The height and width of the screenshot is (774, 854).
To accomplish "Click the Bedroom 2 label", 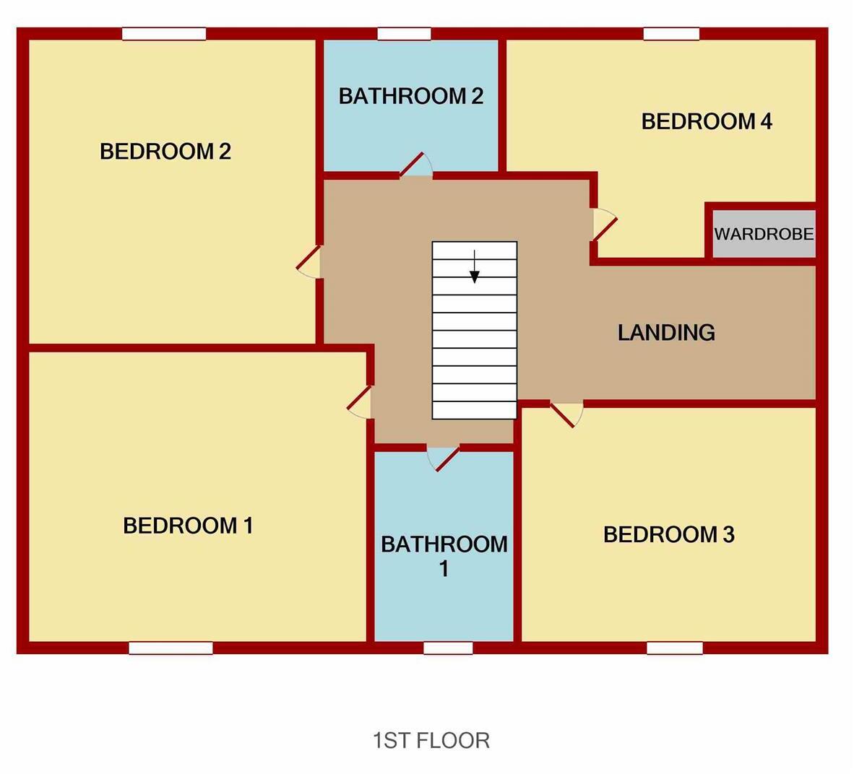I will point(165,152).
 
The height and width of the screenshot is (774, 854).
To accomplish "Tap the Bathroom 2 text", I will point(410,96).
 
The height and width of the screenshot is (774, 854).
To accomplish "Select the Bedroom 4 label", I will point(707,121).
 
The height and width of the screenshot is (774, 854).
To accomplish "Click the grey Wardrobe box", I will point(764,234).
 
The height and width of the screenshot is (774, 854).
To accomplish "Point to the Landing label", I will point(666,332).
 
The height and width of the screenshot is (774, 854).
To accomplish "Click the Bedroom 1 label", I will point(188,526).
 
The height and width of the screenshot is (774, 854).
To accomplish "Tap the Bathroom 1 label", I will point(444,555).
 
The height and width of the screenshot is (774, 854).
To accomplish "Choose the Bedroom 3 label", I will point(668,535).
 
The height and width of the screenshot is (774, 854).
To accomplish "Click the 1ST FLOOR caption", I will point(431,740).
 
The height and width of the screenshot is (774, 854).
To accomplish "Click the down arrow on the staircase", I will point(475,268).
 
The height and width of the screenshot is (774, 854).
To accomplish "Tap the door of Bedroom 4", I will point(604,224).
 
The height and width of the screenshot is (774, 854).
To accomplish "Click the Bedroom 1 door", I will point(360,402).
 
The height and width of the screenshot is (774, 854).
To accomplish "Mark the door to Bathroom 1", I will point(444,458).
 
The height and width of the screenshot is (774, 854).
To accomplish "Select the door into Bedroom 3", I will point(567,414).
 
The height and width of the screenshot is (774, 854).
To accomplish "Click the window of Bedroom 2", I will point(164,33).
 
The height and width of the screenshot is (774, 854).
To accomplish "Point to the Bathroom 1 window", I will point(448,648).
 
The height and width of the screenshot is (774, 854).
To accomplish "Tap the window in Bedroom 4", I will point(671,33).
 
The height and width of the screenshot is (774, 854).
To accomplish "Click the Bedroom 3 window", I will point(674,648).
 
